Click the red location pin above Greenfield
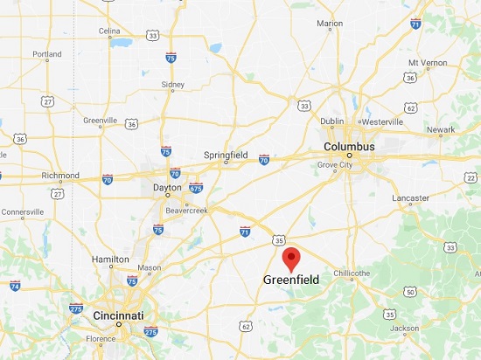tap(291, 259)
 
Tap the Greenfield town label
tap(291, 280)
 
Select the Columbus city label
tap(349, 147)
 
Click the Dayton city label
tap(166, 187)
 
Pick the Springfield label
tap(226, 154)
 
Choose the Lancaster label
tap(411, 198)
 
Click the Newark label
tap(440, 130)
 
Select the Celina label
tap(109, 31)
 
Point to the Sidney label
tap(173, 85)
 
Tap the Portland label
tap(47, 54)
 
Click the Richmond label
tap(59, 175)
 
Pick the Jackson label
tap(404, 329)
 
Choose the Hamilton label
tap(111, 260)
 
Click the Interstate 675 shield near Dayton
tap(196, 188)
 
